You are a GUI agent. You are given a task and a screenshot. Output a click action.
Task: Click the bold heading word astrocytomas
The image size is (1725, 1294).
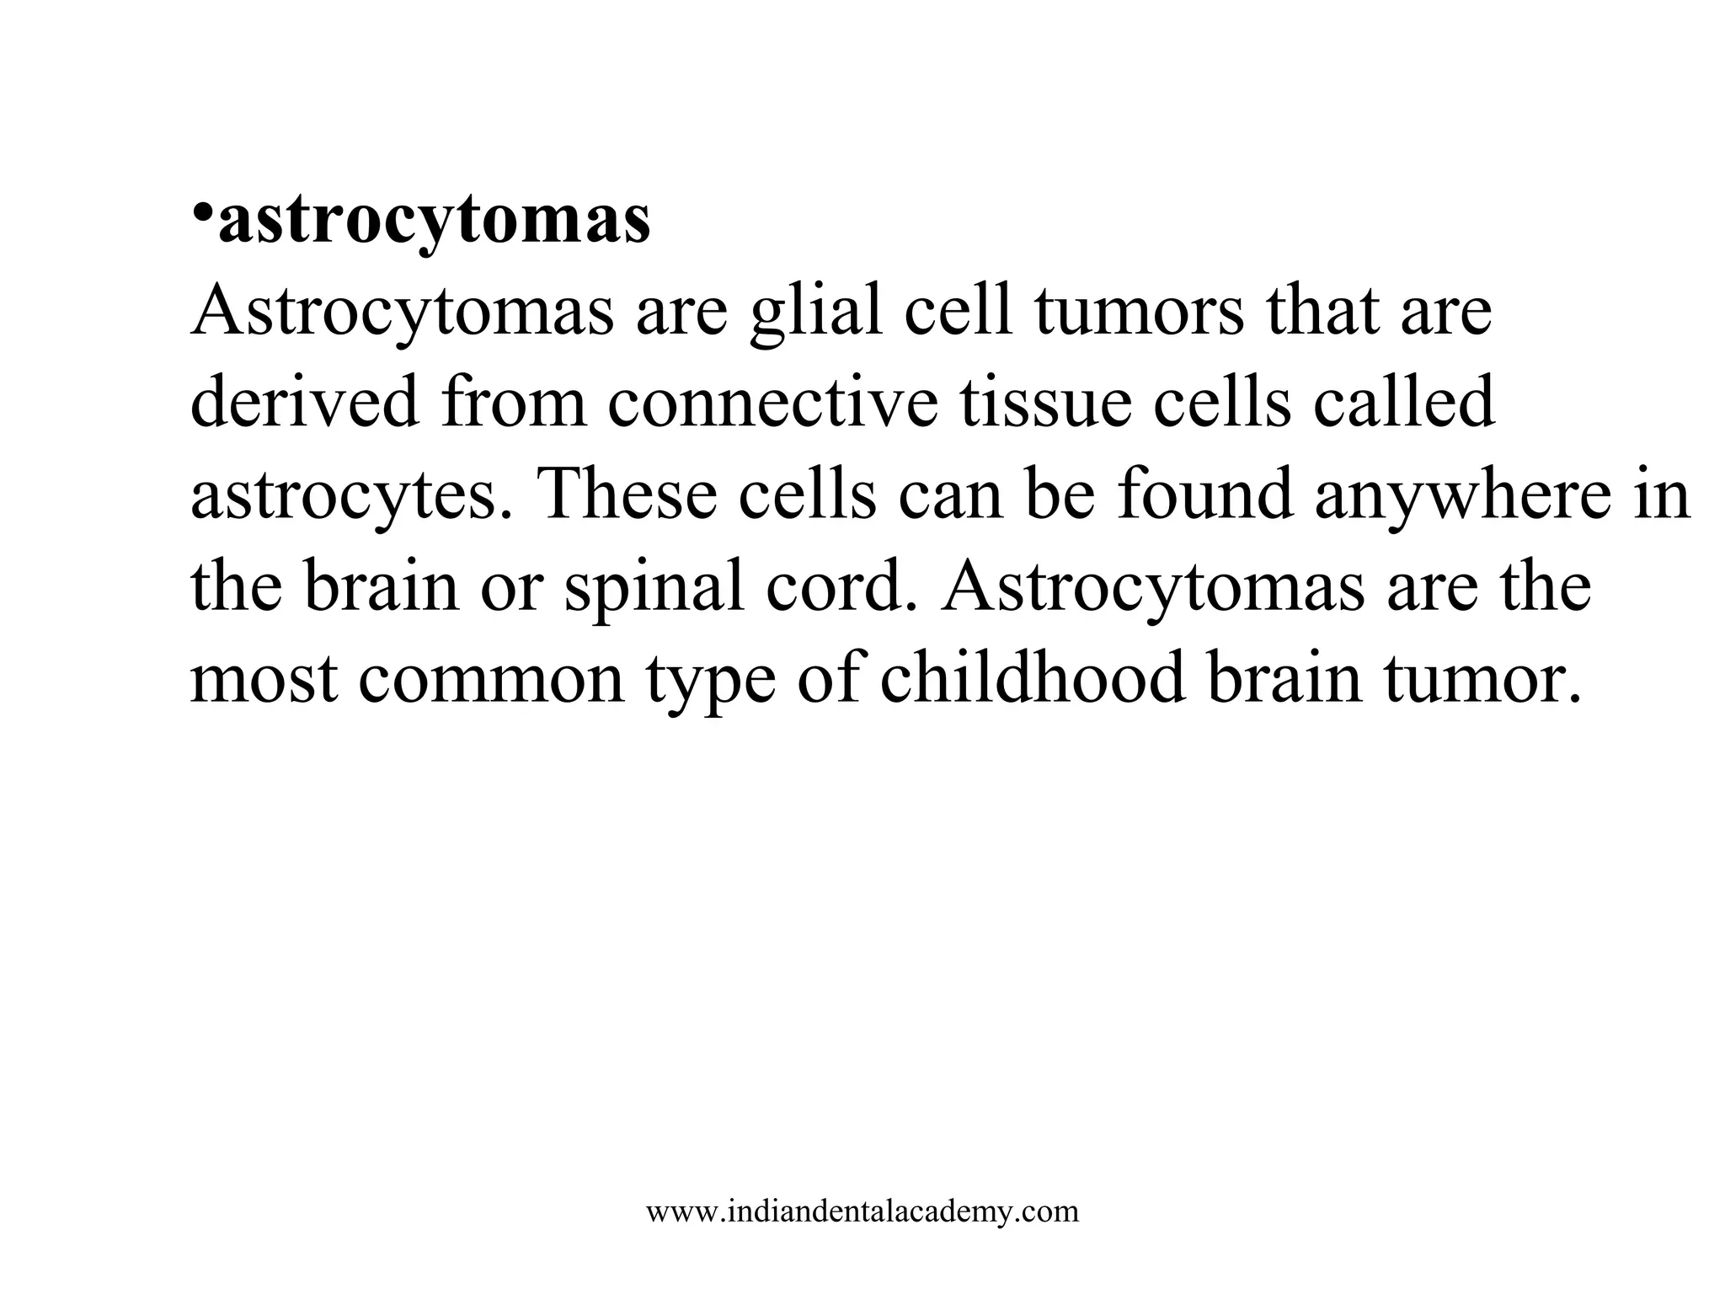tap(434, 221)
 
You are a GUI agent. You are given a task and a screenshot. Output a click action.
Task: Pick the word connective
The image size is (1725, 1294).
tap(772, 403)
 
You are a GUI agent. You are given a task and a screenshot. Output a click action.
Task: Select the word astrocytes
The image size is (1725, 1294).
tap(351, 495)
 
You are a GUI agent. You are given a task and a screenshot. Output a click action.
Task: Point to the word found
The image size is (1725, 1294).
tap(1204, 495)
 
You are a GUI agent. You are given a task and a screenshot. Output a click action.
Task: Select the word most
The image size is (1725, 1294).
tap(264, 679)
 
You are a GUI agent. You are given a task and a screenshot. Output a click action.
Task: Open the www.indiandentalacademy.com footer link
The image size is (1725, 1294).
tap(862, 1211)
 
